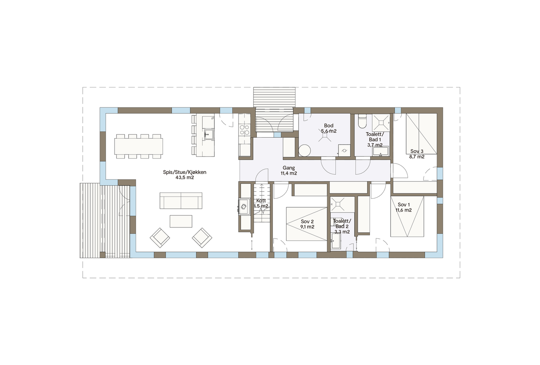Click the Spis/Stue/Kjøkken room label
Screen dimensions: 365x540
(184, 172)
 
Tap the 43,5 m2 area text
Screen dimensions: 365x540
(184, 177)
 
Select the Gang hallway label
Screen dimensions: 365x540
(289, 168)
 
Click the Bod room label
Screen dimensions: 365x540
(328, 125)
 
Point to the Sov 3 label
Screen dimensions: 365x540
(417, 151)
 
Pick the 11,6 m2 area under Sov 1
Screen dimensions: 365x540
(404, 210)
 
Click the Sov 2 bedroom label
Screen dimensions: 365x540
(307, 221)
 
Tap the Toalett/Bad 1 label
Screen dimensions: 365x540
(375, 137)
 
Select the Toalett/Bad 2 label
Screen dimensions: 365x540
(342, 223)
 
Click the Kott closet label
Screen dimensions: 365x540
(261, 200)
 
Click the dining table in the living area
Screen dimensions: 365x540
(138, 146)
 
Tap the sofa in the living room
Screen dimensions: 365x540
(181, 201)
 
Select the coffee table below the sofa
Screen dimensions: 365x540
(181, 221)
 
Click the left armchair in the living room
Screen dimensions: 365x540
(160, 237)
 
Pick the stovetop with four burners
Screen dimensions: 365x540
(244, 130)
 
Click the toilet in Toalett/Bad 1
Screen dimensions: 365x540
(362, 122)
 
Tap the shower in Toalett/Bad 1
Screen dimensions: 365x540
(381, 122)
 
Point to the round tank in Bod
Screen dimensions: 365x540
(305, 151)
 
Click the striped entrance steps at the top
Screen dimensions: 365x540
(274, 97)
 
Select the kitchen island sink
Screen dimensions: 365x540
(208, 134)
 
